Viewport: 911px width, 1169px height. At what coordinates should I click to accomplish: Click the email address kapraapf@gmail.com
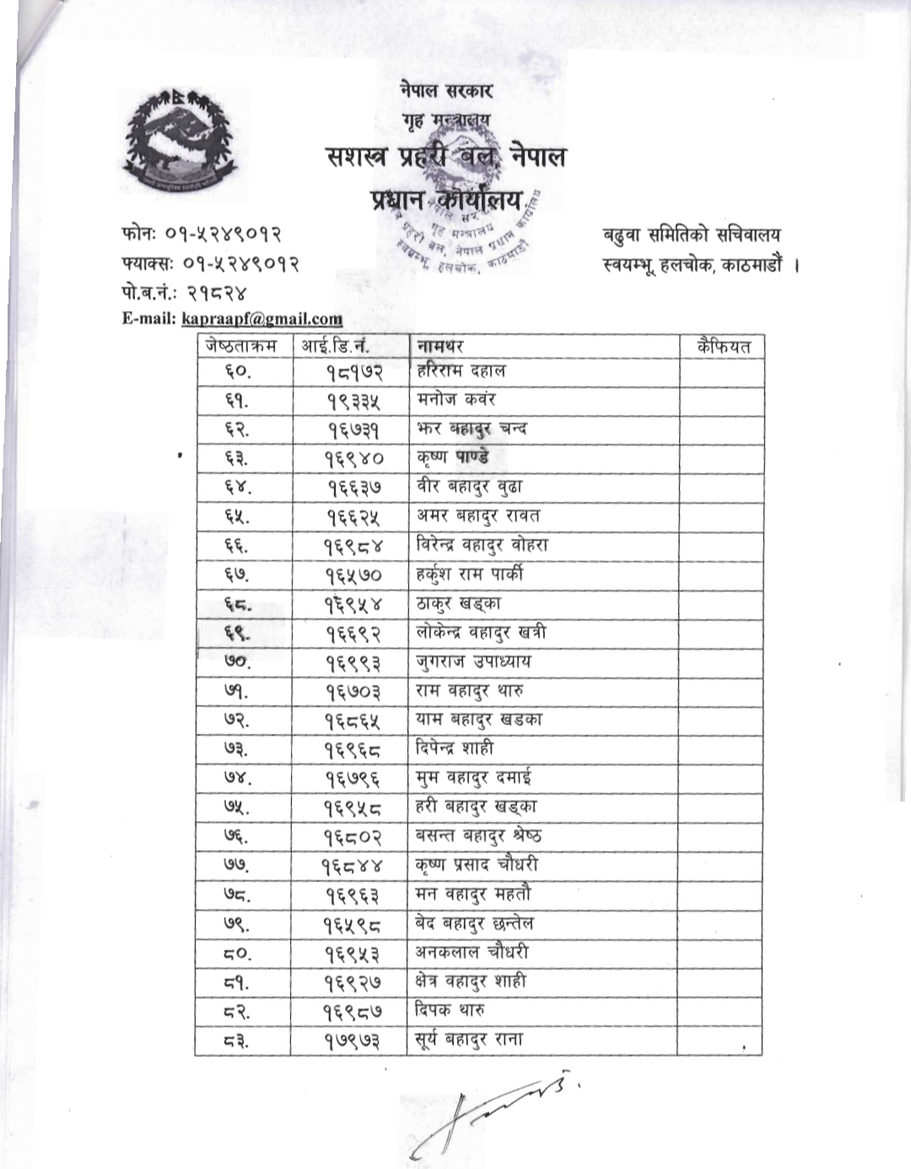(x=262, y=319)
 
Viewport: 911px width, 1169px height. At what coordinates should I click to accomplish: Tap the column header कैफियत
(x=723, y=346)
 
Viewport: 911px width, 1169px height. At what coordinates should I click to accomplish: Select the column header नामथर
(x=439, y=346)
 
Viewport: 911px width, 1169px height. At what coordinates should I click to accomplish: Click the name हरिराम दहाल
(x=461, y=370)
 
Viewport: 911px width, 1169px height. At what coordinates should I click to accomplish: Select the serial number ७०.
(x=238, y=662)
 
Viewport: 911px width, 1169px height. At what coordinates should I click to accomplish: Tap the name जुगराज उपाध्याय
(x=473, y=662)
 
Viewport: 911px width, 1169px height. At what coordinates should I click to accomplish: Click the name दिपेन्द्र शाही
(x=455, y=749)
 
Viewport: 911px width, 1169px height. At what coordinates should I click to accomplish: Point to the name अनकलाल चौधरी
(x=472, y=952)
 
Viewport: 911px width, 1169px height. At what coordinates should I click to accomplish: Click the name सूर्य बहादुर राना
(x=469, y=1040)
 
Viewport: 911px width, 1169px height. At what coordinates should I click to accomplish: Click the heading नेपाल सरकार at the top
(x=446, y=90)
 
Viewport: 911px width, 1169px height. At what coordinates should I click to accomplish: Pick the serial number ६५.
(x=238, y=516)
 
